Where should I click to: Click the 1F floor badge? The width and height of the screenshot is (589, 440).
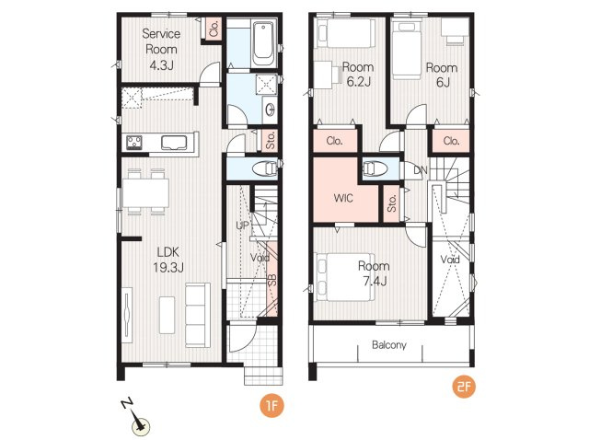pos(271,405)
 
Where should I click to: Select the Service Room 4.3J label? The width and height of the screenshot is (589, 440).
pos(161,49)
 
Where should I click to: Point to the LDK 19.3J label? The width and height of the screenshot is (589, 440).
pos(167,260)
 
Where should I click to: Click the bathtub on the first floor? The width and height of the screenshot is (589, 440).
pos(263,43)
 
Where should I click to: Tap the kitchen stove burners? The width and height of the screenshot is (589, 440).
pos(134,143)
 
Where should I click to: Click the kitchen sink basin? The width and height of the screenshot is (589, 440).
pos(174,143)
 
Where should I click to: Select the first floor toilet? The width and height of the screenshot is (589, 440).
pos(265,168)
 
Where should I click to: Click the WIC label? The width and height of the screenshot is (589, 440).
pos(343,198)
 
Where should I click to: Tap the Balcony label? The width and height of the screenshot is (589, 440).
pos(388,345)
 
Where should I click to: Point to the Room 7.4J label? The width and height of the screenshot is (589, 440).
pos(374,273)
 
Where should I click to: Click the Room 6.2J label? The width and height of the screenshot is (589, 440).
pos(358,75)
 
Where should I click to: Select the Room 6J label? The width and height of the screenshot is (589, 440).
pos(442,75)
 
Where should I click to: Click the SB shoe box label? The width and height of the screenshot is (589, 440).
pos(272,280)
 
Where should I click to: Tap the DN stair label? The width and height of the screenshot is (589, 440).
pos(421,170)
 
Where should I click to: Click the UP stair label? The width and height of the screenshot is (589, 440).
pos(242,226)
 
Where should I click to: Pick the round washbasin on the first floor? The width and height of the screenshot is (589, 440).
pos(270,110)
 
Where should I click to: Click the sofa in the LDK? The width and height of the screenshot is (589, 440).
pos(197,315)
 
